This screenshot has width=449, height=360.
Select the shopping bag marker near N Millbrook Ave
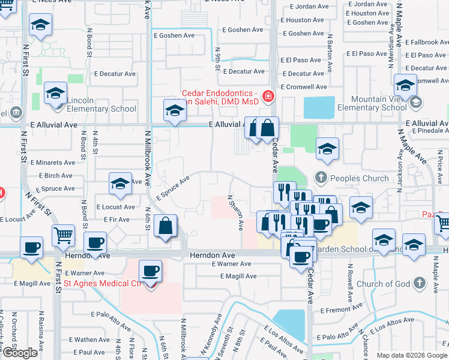click(164, 227)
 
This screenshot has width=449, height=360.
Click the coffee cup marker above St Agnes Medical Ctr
click(151, 271)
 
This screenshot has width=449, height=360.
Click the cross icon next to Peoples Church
click(321, 178)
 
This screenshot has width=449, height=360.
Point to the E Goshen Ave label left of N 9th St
click(176, 35)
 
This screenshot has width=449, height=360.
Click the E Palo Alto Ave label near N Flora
click(111, 314)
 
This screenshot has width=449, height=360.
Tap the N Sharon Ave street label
click(235, 212)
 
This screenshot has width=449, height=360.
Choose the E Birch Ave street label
click(55, 176)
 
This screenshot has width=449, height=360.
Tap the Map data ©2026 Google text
click(412, 355)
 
